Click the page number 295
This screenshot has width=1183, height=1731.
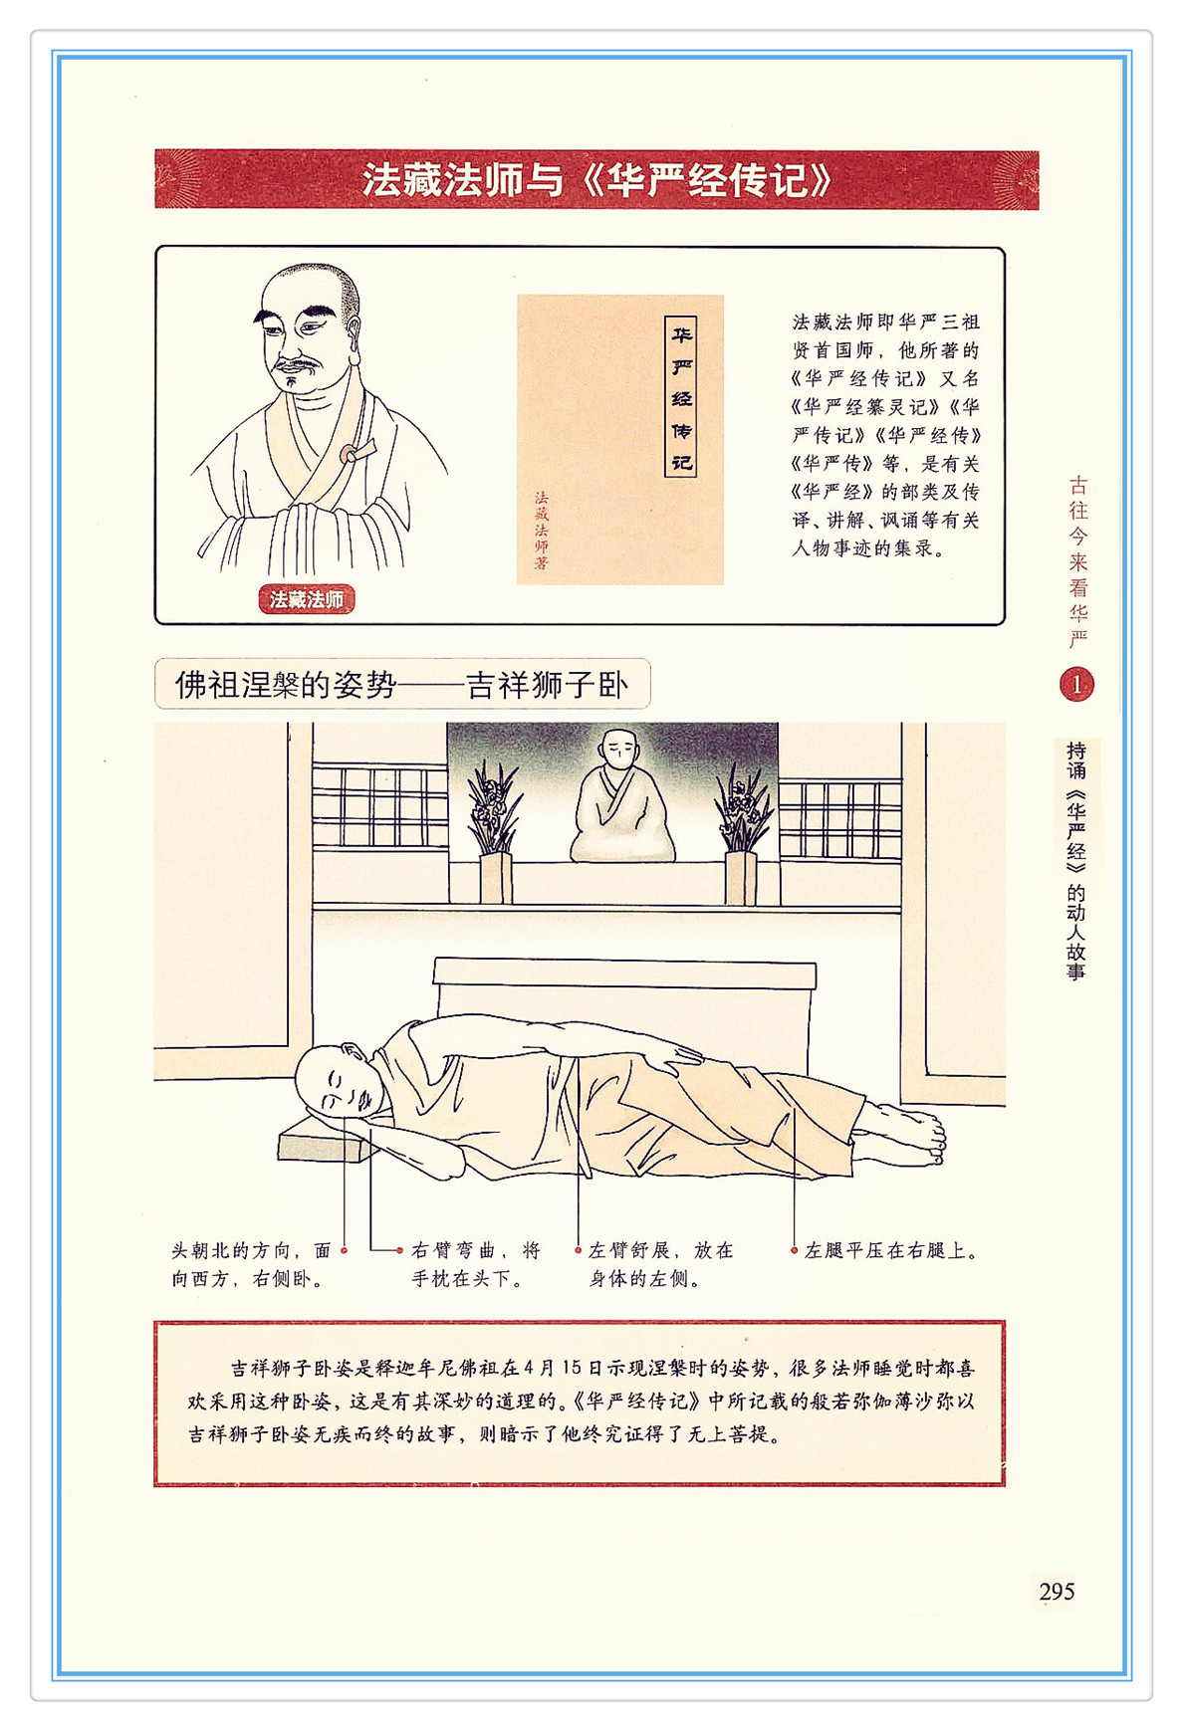(x=1057, y=1591)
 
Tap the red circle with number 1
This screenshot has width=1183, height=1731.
(x=1076, y=684)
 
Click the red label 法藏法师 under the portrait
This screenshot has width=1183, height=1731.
(x=306, y=599)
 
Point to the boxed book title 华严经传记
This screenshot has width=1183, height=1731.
(x=681, y=397)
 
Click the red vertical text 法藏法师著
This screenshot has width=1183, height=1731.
(x=541, y=530)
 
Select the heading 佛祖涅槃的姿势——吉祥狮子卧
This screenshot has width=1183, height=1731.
(x=402, y=685)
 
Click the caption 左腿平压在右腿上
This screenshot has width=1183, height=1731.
(x=890, y=1250)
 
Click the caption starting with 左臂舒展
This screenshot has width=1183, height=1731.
(x=661, y=1264)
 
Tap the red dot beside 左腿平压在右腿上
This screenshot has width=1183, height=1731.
(x=794, y=1250)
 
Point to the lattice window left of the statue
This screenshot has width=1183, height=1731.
(x=379, y=806)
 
